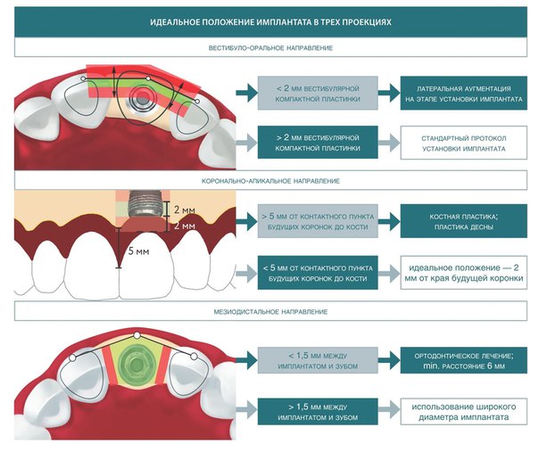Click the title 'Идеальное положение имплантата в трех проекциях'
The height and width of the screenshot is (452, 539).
[270, 22]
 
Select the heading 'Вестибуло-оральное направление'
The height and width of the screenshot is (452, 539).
[270, 48]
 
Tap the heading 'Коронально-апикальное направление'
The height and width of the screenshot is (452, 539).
[270, 181]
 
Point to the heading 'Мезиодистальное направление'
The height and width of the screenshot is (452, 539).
[270, 312]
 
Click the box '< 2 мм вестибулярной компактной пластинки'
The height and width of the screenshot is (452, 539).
[318, 94]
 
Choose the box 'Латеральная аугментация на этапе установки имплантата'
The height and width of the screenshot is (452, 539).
[464, 94]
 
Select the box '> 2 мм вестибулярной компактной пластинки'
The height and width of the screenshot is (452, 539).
[318, 143]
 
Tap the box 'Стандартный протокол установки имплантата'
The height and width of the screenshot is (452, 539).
[464, 143]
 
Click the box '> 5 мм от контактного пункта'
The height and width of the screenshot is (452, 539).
[318, 221]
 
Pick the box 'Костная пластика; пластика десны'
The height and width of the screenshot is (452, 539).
[464, 221]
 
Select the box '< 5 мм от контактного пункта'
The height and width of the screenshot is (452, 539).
[318, 273]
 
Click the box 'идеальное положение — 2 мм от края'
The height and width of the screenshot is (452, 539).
[464, 273]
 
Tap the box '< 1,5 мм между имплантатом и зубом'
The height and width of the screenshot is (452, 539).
[318, 361]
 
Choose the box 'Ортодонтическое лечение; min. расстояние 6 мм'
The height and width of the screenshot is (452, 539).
[464, 361]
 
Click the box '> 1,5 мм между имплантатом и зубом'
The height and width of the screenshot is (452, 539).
[318, 412]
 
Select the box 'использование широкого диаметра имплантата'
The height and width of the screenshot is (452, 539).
[464, 412]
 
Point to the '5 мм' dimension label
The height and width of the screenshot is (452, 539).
[138, 251]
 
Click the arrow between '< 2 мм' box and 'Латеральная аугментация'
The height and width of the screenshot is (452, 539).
[389, 93]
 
